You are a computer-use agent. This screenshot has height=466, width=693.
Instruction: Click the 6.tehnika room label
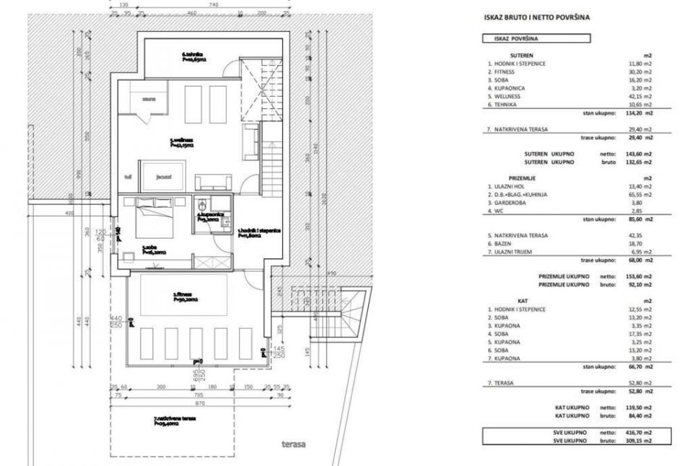pyautogui.click(x=193, y=56)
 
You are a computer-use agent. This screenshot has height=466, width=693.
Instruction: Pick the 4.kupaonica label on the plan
pyautogui.click(x=210, y=216)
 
